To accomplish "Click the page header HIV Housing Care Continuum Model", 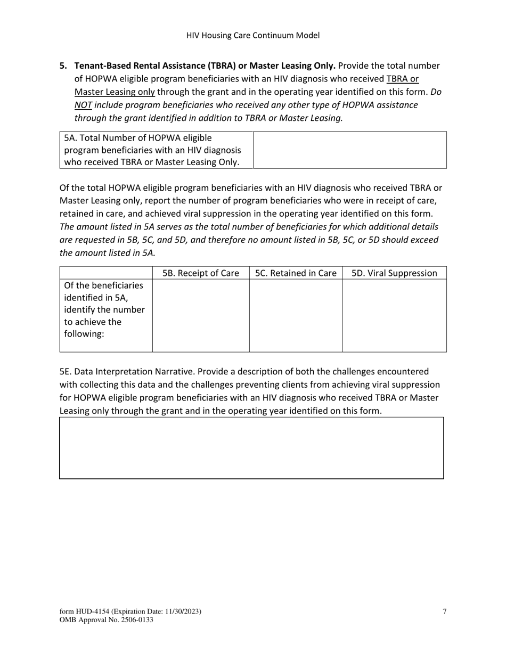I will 253,36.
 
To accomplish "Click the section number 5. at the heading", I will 63,66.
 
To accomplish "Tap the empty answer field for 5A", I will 349,150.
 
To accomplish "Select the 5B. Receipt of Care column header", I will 201,273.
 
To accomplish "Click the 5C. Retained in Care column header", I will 296,273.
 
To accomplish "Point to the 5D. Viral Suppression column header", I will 394,273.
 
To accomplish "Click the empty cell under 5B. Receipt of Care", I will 201,315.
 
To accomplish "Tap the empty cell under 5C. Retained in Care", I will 296,315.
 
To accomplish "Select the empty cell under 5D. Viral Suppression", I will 394,315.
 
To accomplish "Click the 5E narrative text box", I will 251,448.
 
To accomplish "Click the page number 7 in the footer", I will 444,611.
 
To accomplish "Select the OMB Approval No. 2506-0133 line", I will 107,620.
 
